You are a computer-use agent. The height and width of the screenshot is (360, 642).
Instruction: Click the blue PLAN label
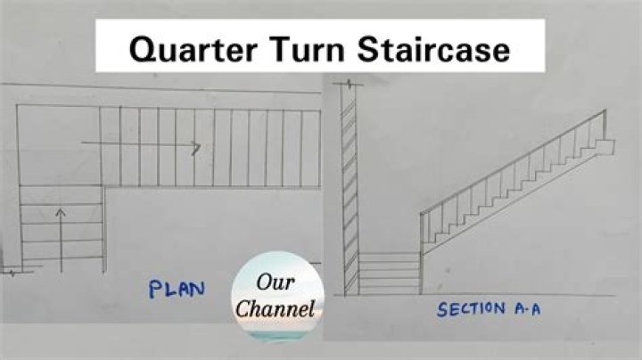click(x=177, y=289)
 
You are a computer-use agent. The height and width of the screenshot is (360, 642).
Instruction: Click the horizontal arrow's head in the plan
click(x=196, y=144)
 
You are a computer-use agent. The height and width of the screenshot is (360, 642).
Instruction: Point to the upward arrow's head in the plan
click(x=60, y=212)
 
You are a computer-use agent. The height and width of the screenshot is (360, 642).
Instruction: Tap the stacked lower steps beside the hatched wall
click(x=389, y=273)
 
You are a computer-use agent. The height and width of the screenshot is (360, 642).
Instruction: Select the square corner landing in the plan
click(x=58, y=147)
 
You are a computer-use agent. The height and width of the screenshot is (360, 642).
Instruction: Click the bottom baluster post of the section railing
click(x=422, y=233)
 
